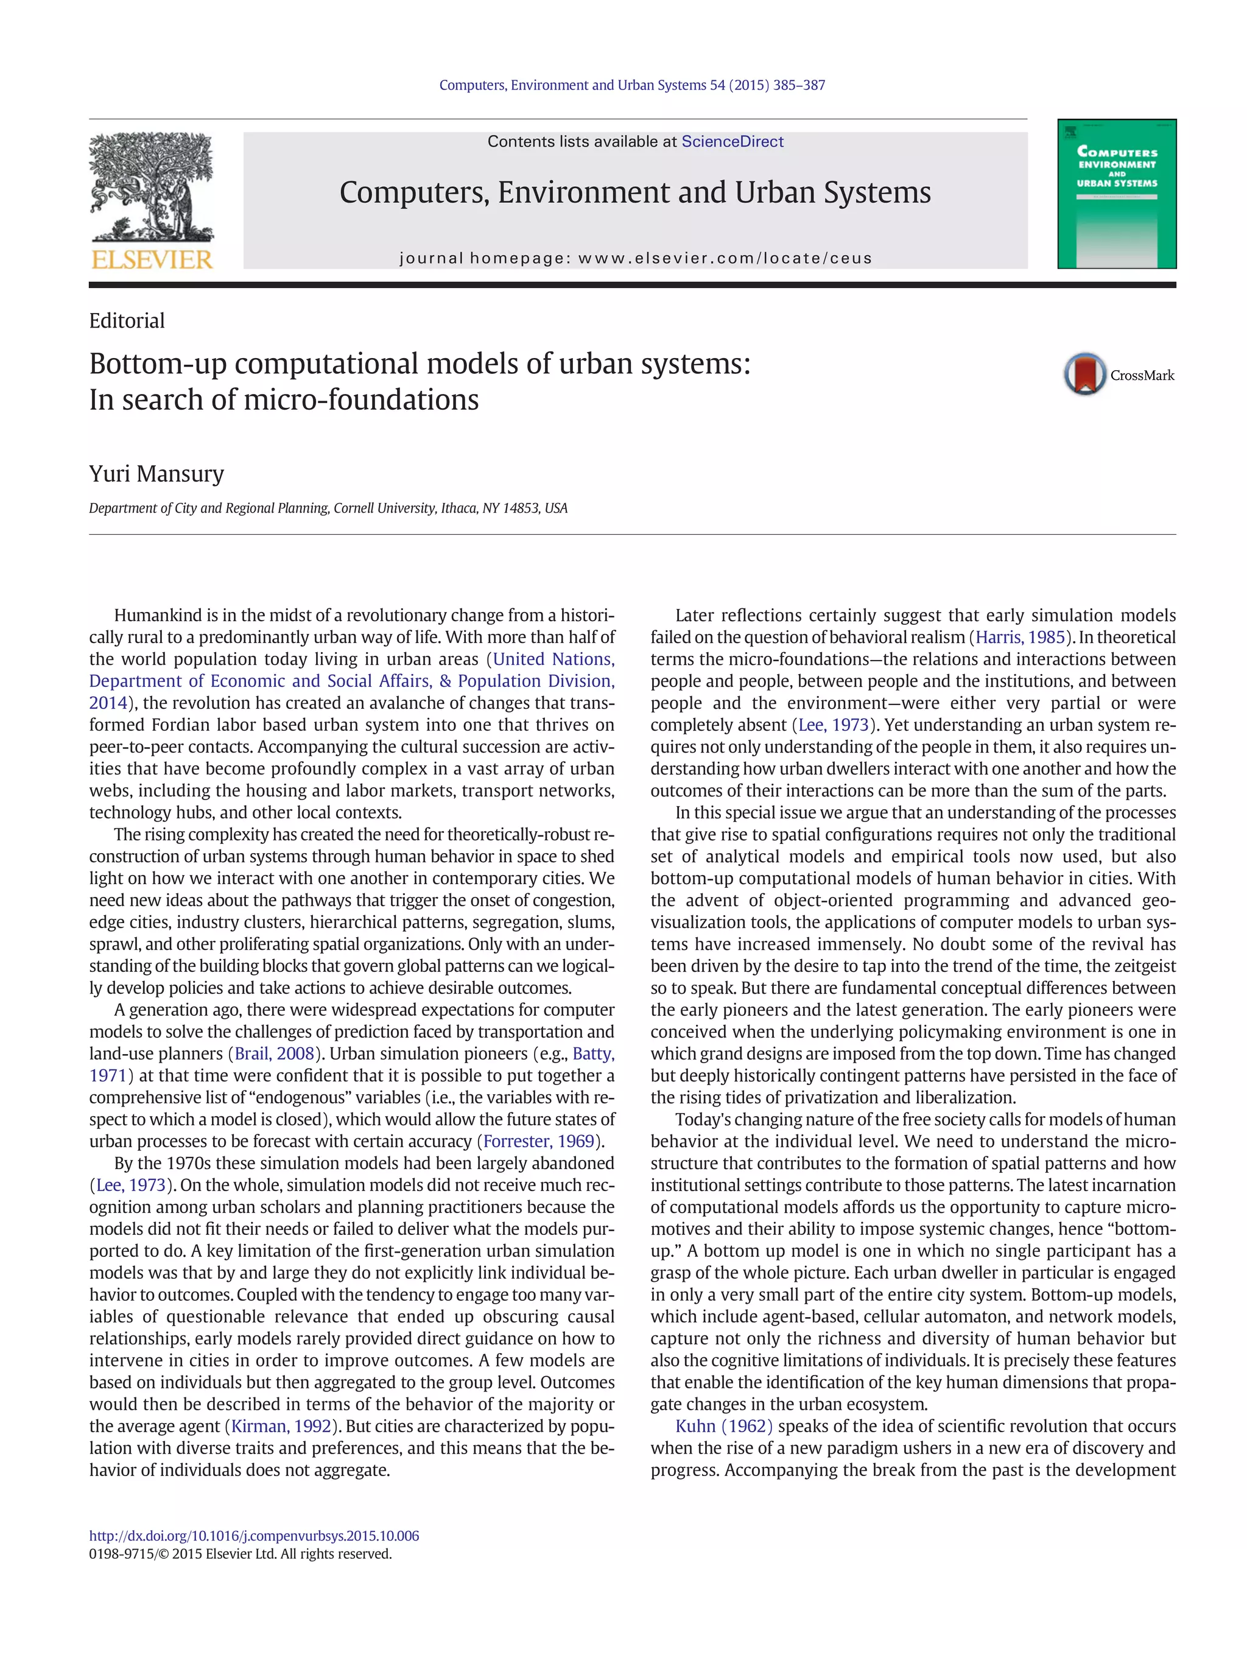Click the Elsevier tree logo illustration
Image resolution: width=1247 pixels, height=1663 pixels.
[151, 188]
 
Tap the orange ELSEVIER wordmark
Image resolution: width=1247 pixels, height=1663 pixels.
[152, 260]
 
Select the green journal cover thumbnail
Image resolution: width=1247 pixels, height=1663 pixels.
[1116, 194]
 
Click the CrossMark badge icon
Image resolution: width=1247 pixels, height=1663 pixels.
[1084, 374]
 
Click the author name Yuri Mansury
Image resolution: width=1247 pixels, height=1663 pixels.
[156, 474]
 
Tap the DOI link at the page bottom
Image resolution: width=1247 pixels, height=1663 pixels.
[254, 1535]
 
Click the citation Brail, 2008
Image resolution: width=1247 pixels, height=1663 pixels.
[275, 1053]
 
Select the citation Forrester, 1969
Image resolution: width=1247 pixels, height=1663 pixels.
[539, 1141]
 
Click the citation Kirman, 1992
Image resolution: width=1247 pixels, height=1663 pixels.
[281, 1426]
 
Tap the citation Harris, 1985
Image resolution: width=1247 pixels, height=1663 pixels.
[1020, 637]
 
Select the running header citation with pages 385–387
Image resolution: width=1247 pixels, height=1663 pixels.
[631, 85]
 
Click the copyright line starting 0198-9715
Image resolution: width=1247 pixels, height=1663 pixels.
[241, 1553]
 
